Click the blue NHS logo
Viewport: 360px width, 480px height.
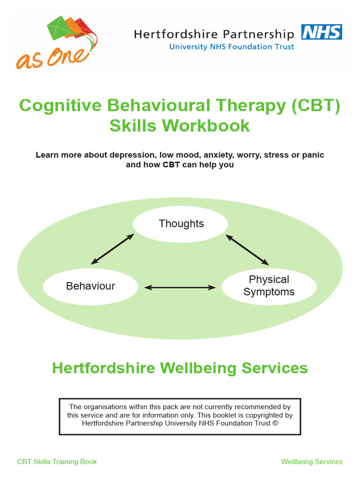pyautogui.click(x=322, y=32)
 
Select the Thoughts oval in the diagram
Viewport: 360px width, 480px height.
pyautogui.click(x=181, y=224)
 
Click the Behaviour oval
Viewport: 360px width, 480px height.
pyautogui.click(x=90, y=286)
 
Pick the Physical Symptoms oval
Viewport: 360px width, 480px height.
pyautogui.click(x=269, y=286)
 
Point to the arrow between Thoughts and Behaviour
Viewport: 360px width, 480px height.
pyautogui.click(x=112, y=249)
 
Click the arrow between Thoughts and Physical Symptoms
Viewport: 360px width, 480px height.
pyautogui.click(x=247, y=249)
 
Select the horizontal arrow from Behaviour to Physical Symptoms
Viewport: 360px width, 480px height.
pyautogui.click(x=180, y=287)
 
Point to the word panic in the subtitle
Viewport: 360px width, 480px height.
pyautogui.click(x=312, y=155)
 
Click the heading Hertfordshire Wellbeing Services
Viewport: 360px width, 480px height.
pyautogui.click(x=180, y=368)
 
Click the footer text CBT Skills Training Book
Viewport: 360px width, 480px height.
pyautogui.click(x=57, y=462)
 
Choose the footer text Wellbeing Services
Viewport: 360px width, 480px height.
pyautogui.click(x=312, y=462)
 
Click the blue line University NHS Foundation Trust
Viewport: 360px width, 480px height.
pyautogui.click(x=232, y=46)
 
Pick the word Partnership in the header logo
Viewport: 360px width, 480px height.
pyautogui.click(x=256, y=34)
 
